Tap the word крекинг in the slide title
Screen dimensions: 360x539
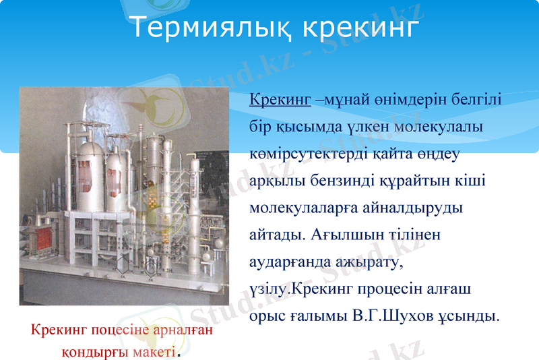(360, 28)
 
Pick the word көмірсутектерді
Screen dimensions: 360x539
(309, 154)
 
